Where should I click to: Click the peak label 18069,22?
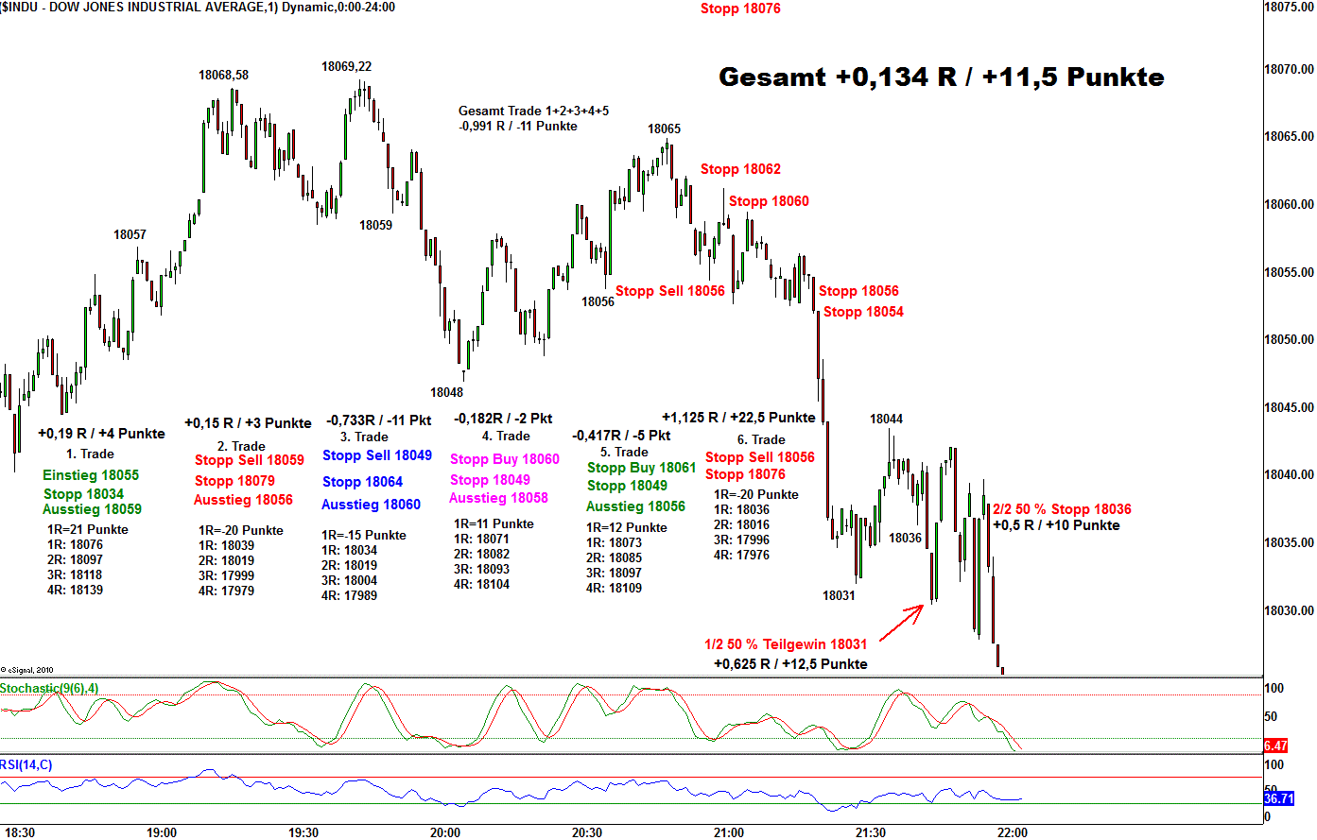pos(346,67)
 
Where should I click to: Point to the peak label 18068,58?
pos(223,76)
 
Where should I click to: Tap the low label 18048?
pos(446,392)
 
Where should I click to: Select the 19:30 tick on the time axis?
pos(303,832)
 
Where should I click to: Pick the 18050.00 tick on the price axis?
pos(1289,339)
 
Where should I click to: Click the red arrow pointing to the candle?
pos(902,623)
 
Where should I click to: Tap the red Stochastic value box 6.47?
pos(1275,746)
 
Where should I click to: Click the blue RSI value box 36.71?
pos(1278,799)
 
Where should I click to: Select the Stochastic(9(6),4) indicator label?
pos(49,688)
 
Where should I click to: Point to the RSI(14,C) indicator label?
pos(26,764)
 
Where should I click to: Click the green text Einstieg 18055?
pos(91,475)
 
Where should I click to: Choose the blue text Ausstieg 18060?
pos(371,505)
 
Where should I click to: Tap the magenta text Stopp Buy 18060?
pos(505,459)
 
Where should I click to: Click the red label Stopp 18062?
pos(740,169)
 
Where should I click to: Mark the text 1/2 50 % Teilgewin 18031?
pos(786,644)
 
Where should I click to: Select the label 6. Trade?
pos(761,439)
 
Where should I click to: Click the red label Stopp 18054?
pos(863,312)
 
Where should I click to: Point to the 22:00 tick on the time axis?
pos(1013,832)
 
